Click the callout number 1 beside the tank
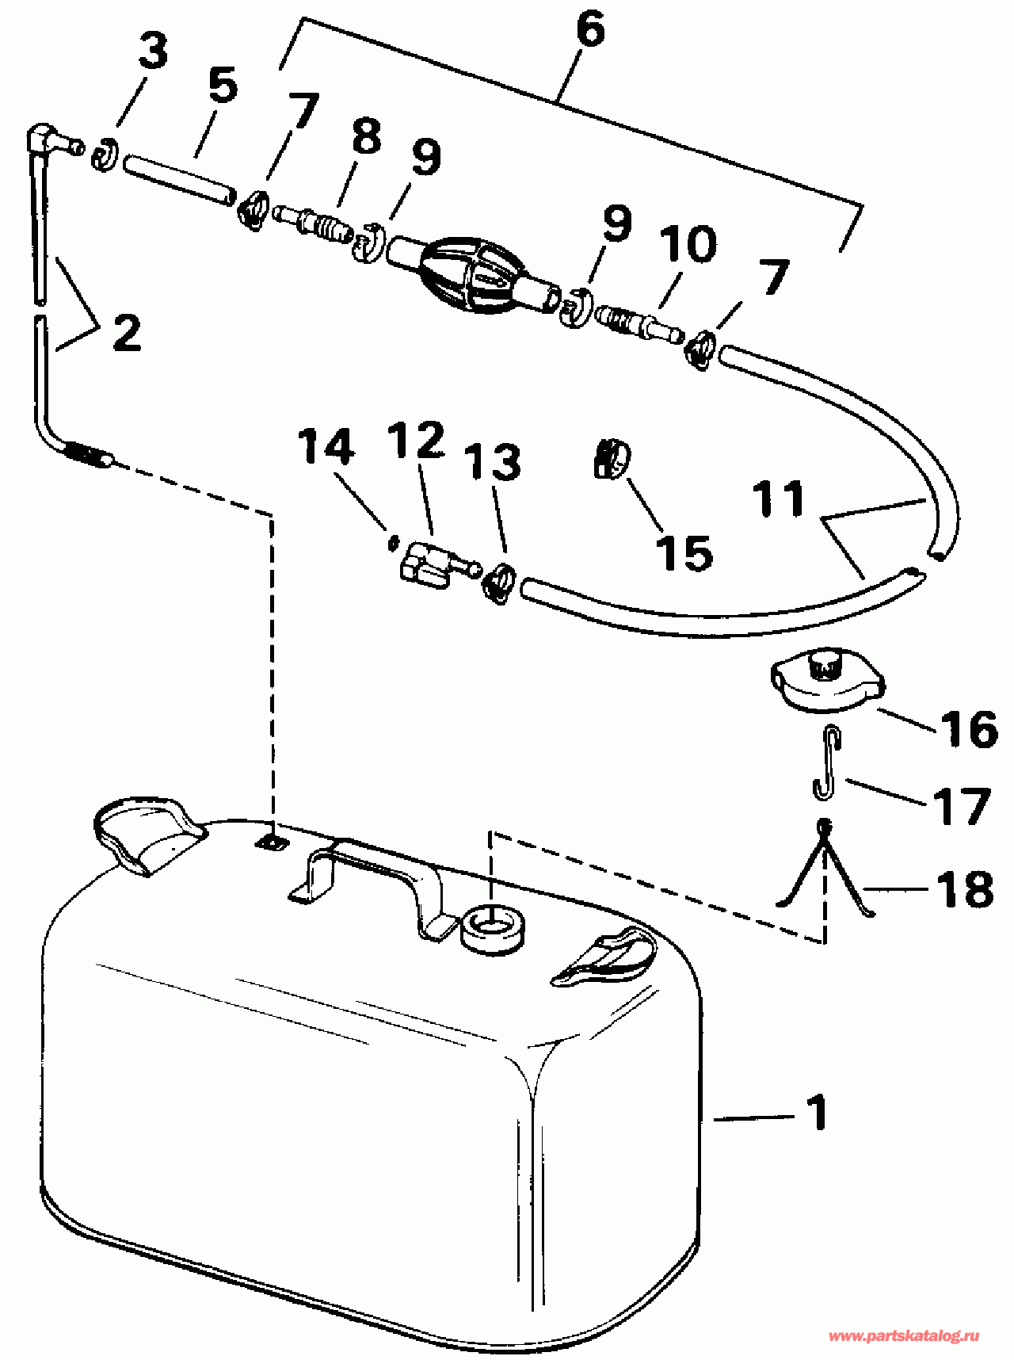point(817,1112)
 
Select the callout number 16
point(969,728)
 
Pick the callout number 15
point(684,552)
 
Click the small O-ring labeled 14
point(391,543)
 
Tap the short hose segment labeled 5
point(179,180)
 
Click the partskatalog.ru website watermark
point(904,1336)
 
